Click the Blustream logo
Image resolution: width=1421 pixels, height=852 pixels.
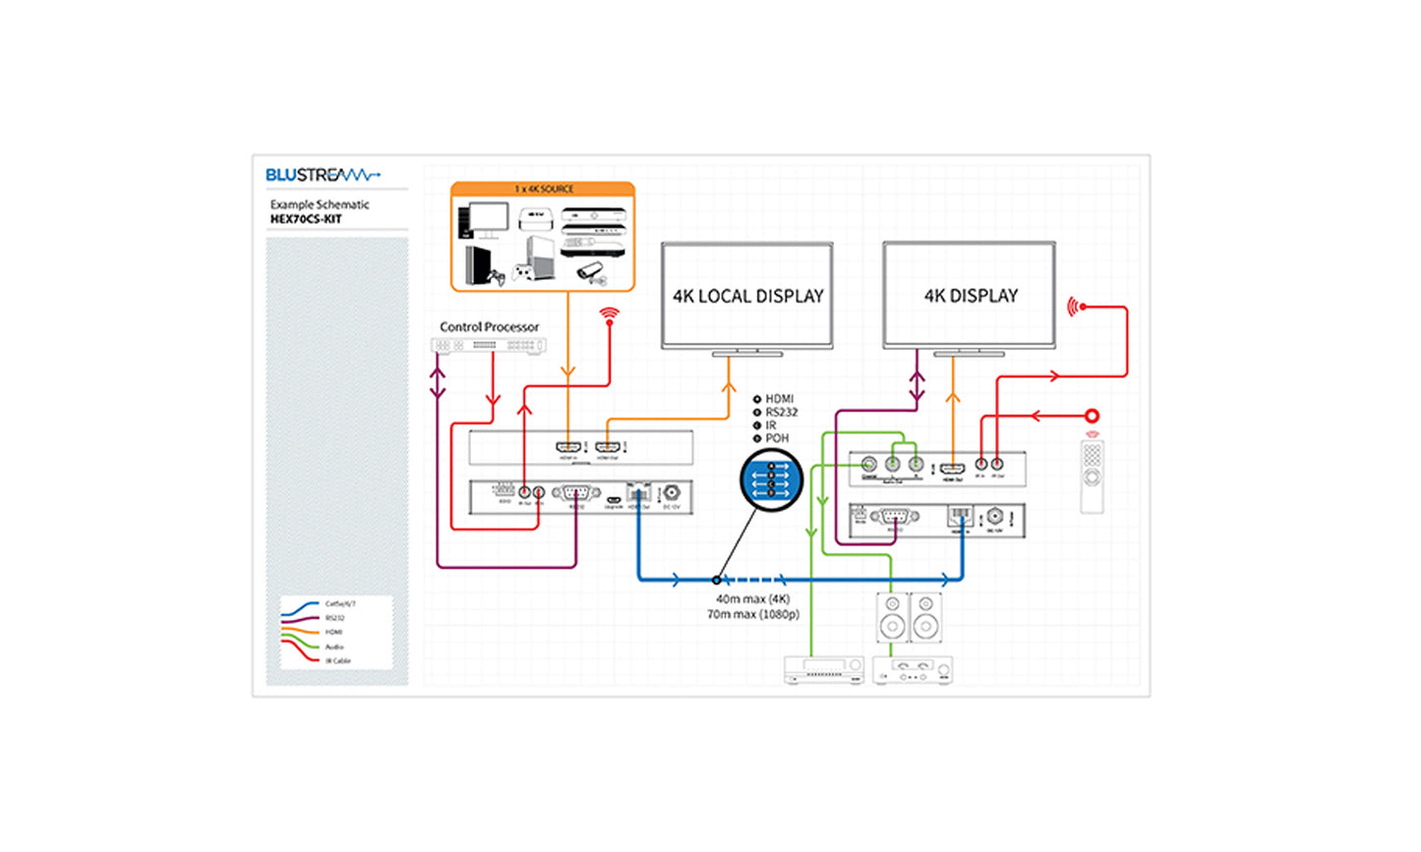click(322, 175)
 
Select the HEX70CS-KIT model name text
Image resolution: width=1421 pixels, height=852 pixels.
click(306, 219)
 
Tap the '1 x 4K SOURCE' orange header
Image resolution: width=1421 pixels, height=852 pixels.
click(543, 189)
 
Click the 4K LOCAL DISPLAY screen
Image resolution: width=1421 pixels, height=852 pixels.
click(747, 296)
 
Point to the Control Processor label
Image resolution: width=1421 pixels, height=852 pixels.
click(489, 326)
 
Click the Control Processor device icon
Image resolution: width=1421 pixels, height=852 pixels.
click(489, 346)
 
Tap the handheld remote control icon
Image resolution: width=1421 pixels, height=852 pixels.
click(1092, 477)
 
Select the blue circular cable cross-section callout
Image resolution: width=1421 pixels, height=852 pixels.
click(771, 481)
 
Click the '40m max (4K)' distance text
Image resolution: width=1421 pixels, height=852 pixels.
click(752, 598)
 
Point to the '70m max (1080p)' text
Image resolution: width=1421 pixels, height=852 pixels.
click(752, 614)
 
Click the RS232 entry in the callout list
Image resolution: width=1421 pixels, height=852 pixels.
click(781, 412)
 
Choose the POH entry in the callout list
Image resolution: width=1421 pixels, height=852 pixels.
click(777, 438)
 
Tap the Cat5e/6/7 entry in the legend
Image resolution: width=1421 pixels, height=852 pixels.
click(339, 604)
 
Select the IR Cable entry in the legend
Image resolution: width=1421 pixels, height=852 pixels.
click(337, 660)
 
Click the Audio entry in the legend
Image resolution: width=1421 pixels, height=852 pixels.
click(334, 647)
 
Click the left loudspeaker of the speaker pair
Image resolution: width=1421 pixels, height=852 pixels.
click(892, 617)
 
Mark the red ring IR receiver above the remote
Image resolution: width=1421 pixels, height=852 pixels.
click(1092, 416)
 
